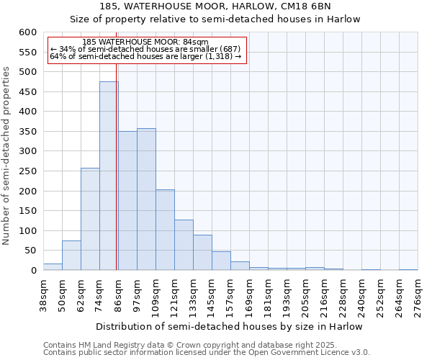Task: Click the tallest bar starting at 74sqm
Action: pos(109,176)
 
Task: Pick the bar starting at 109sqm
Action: pos(165,230)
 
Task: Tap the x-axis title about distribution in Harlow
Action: pos(230,326)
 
